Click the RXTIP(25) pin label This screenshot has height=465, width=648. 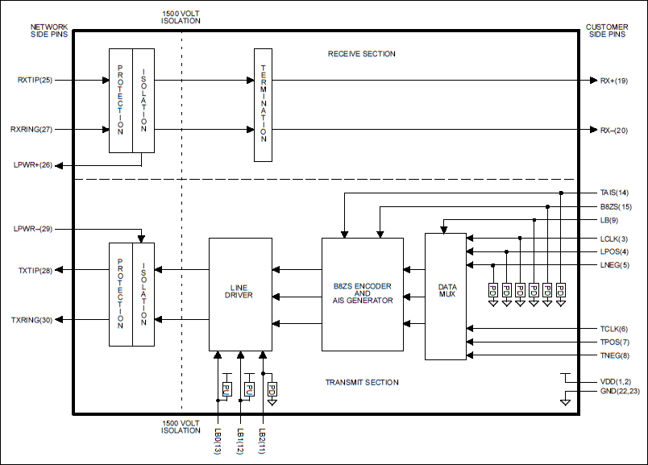tap(35, 81)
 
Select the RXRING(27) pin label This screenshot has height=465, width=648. tap(32, 129)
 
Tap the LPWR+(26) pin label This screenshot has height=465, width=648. tap(33, 165)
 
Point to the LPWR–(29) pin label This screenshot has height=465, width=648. tap(33, 230)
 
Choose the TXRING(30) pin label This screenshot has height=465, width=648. tap(32, 320)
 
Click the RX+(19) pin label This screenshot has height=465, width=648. tap(613, 81)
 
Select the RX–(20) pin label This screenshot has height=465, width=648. tap(613, 129)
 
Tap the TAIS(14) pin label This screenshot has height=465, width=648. tap(613, 193)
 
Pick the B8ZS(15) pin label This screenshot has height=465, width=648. tap(613, 207)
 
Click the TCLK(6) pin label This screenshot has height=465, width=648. tap(613, 329)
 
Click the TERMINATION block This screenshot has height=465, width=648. tap(263, 105)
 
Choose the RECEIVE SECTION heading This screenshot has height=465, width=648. tap(361, 54)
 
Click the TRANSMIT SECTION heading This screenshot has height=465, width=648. tap(361, 382)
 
